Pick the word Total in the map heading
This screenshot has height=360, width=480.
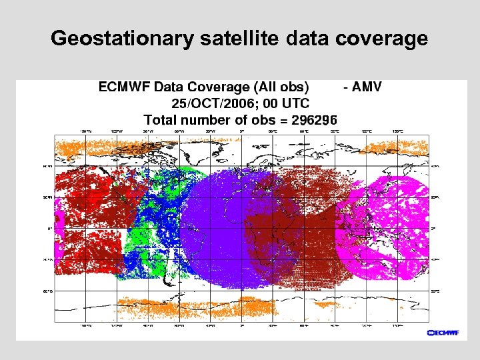[161, 121]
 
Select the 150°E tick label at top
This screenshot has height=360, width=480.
[398, 131]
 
